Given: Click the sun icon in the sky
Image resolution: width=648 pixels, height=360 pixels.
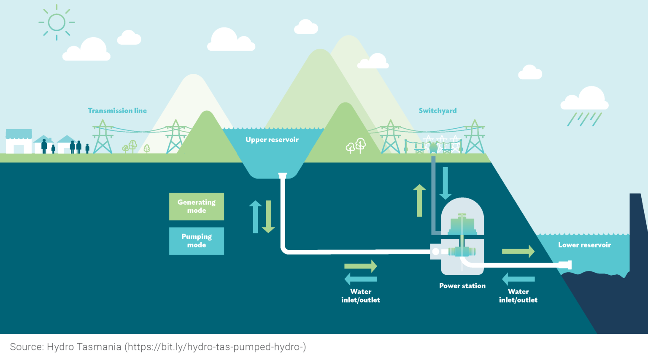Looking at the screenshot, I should (57, 22).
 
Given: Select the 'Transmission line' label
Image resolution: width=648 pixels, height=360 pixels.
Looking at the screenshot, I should (117, 111).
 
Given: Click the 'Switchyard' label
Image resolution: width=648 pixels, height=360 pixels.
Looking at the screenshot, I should (437, 111).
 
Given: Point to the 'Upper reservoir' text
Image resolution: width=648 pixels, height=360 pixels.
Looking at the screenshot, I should (272, 140).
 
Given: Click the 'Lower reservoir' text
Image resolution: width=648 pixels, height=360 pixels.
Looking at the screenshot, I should (584, 245).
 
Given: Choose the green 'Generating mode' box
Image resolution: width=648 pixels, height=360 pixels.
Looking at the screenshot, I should (197, 206).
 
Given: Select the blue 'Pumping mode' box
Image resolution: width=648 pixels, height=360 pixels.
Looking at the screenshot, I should (197, 241).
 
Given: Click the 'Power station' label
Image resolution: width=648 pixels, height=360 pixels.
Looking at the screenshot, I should (462, 286).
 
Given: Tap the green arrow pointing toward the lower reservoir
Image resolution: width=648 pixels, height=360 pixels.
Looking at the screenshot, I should (518, 252).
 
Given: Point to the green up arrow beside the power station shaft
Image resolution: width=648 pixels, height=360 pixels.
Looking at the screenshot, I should (419, 200).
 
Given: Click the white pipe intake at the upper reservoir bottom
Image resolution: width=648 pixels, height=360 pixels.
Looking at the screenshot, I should (283, 175).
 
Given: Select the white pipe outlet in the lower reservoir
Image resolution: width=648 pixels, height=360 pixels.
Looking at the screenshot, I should (565, 265).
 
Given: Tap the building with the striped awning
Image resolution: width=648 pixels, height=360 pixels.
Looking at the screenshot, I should (19, 141).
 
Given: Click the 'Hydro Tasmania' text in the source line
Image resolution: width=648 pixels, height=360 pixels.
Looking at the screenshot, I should (84, 347).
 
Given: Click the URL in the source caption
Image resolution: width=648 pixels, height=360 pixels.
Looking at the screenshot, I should (215, 347).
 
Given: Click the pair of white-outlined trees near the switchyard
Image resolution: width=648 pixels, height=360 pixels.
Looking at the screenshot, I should (356, 146).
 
